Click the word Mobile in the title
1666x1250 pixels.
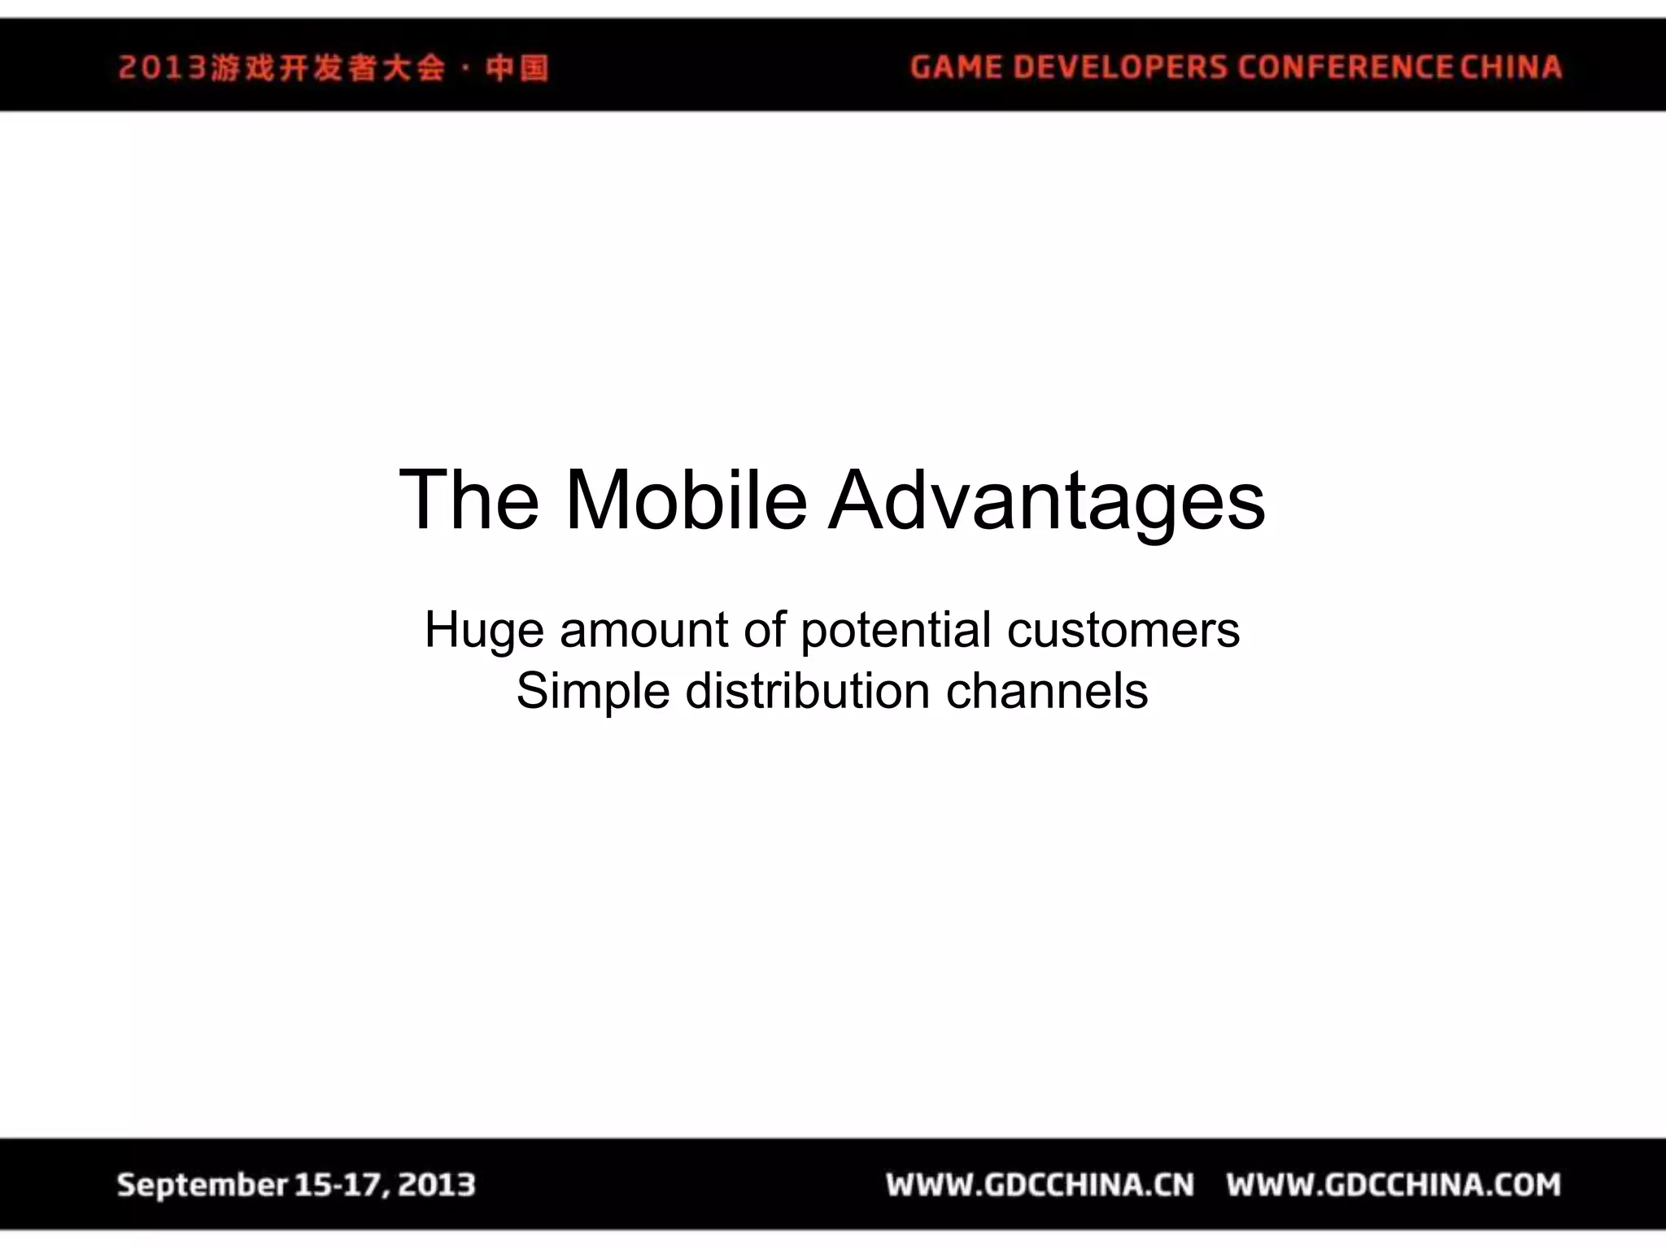(685, 500)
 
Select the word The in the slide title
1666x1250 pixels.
(469, 500)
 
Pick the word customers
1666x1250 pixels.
(1123, 630)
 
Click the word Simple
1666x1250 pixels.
(593, 692)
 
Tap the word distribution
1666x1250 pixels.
(807, 692)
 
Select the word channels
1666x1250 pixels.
(1046, 692)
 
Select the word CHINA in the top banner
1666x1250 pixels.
(1511, 67)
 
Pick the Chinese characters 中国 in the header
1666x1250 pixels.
(517, 68)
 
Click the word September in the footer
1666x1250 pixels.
(202, 1185)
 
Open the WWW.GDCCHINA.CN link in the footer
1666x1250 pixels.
(1040, 1185)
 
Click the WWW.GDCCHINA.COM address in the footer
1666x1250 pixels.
(1393, 1185)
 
